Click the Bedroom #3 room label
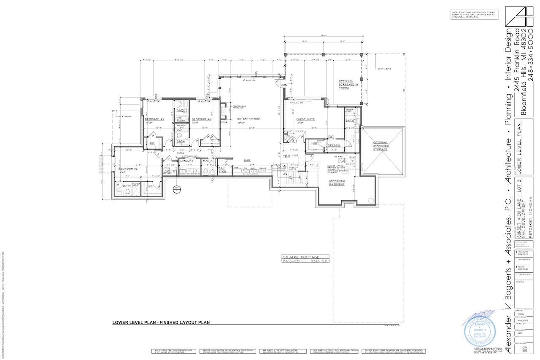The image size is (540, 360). coord(154,119)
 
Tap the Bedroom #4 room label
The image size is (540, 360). coord(201,119)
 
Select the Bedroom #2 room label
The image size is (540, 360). coord(128,169)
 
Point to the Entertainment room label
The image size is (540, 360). coord(249,119)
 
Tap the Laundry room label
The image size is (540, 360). coord(187,161)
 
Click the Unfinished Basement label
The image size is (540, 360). coord(337,183)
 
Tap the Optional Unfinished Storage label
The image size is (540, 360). coord(380,145)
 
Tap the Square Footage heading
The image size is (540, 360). coord(301,257)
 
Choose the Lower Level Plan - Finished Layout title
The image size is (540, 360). coord(161,322)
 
